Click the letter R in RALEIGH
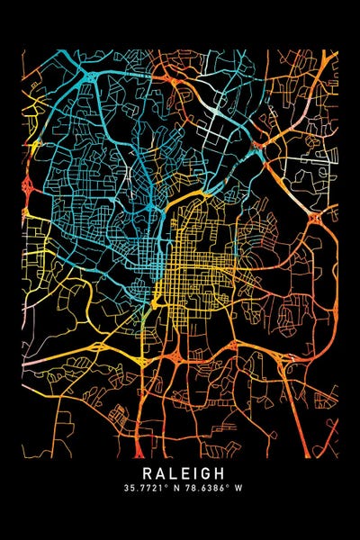pyautogui.click(x=144, y=472)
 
